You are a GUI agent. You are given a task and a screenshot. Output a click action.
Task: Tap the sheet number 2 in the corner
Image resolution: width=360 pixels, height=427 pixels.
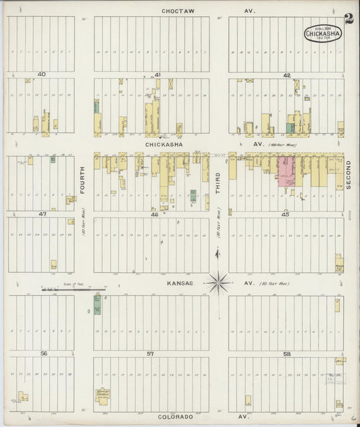point(347,18)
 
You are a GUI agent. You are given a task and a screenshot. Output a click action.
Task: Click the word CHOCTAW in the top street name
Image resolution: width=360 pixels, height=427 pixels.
point(178,11)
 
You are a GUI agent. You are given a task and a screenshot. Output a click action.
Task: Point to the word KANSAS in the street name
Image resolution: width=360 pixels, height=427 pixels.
point(180,284)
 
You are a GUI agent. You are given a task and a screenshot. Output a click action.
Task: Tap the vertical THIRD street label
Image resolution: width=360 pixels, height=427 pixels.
point(218,182)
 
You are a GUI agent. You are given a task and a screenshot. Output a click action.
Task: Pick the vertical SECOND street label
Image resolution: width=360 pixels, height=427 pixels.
point(349,174)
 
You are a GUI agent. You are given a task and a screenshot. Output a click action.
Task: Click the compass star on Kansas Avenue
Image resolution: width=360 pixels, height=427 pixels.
point(218,282)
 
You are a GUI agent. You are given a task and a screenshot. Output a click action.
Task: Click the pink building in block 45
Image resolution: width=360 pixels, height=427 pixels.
point(287,172)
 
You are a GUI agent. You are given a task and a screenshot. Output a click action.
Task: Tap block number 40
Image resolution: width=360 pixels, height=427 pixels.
point(41,74)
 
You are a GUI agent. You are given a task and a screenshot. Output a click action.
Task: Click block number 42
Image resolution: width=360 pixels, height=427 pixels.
point(286,75)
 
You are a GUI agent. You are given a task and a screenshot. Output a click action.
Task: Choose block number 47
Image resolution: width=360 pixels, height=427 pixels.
point(41,214)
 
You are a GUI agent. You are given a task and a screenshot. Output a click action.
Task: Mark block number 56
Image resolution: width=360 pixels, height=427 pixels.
point(43,353)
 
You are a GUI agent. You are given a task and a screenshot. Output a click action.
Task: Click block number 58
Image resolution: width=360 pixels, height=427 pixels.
point(286,354)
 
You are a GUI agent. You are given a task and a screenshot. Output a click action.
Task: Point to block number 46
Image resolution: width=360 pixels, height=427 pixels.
point(154,214)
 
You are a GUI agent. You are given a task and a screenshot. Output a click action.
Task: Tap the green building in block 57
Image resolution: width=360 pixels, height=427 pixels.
point(97,305)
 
